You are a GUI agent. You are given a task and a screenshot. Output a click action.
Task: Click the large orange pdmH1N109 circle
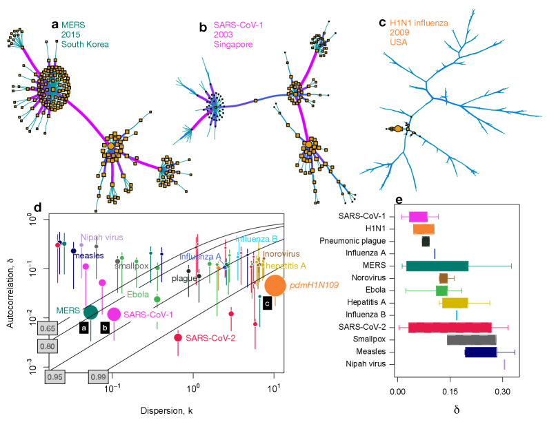tap(275, 285)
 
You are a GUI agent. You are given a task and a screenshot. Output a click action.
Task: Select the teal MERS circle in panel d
tap(90, 312)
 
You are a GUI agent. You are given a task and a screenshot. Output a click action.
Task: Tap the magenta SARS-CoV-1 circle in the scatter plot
tap(115, 314)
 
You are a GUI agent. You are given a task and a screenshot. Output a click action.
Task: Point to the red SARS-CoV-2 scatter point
tap(178, 337)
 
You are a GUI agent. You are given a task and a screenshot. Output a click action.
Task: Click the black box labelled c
tap(266, 302)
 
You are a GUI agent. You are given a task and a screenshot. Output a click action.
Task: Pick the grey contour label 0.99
tap(97, 377)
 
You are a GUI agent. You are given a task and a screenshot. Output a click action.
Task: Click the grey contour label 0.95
tap(55, 377)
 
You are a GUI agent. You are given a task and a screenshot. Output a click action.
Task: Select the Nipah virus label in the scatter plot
tap(101, 237)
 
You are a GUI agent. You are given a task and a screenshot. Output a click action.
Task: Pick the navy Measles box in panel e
tap(481, 352)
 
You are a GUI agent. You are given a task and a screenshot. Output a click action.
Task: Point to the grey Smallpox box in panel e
tap(471, 339)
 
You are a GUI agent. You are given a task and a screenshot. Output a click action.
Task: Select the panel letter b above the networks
tap(203, 28)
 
